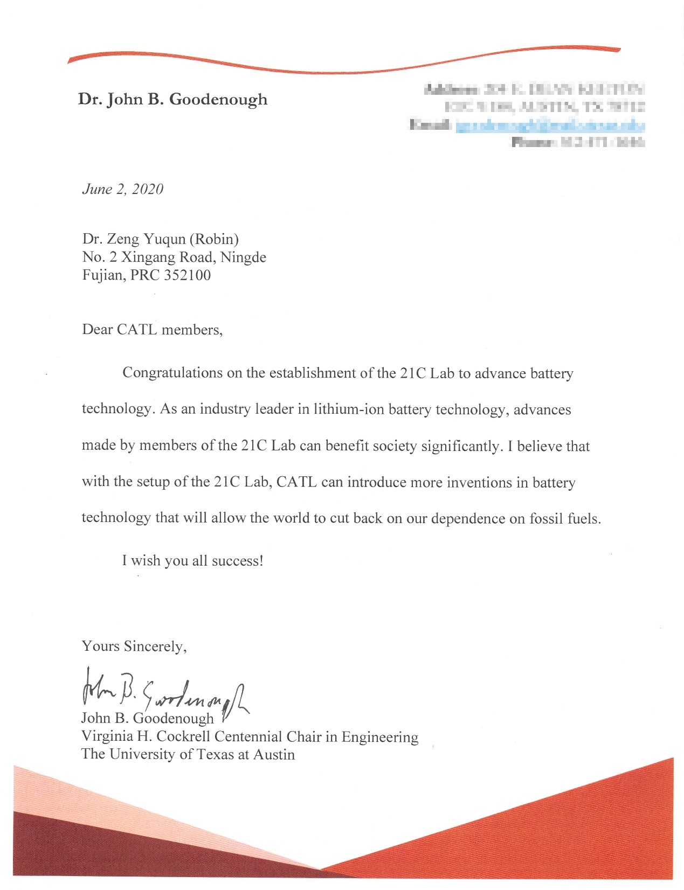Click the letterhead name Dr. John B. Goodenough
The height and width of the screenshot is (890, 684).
coord(172,99)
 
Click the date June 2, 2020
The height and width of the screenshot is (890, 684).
coord(122,189)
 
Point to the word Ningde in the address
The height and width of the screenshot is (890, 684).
coord(243,257)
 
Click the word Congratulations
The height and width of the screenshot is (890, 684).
coord(172,373)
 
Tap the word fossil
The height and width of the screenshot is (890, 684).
coord(547,519)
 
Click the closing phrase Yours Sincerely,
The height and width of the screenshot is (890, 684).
coord(134,646)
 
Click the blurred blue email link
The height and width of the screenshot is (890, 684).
coord(550,127)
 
